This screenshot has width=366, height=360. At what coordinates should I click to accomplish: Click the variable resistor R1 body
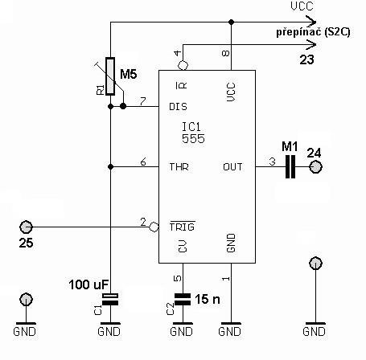110,76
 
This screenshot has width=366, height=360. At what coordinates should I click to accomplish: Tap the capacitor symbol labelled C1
110,300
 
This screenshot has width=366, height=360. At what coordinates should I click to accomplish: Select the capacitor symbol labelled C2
183,300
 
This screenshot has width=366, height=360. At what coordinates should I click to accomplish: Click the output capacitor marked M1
290,166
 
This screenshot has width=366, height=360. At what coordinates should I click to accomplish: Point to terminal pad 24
315,167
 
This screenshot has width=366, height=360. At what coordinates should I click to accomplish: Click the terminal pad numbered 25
26,227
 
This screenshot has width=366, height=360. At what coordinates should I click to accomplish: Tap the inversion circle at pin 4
183,65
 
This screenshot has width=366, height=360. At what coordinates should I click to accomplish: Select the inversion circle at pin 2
154,227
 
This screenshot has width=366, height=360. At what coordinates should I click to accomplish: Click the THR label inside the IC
179,167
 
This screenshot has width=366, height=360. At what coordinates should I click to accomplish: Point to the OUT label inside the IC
232,167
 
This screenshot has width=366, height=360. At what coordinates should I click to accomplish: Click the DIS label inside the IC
178,107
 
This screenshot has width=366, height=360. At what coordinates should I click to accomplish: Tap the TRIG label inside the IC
183,227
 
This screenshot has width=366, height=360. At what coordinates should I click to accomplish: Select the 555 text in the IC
193,139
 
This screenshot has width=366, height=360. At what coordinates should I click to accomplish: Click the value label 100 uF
88,284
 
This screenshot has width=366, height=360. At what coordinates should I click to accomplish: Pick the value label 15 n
208,299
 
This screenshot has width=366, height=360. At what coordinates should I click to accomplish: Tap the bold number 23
306,59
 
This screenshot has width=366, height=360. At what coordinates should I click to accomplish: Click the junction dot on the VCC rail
231,22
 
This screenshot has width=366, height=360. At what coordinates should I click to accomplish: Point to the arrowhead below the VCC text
311,22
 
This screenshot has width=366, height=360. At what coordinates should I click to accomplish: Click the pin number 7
143,101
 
